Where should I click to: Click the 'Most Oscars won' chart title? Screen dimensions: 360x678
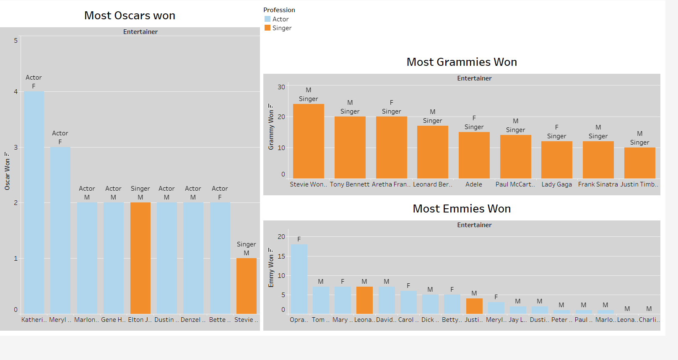pyautogui.click(x=130, y=16)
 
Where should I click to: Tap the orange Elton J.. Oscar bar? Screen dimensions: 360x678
pyautogui.click(x=140, y=258)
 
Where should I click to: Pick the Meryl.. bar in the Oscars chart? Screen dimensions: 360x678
pyautogui.click(x=60, y=230)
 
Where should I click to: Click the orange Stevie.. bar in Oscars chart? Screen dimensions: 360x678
pyautogui.click(x=246, y=286)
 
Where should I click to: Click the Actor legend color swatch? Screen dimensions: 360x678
pyautogui.click(x=268, y=19)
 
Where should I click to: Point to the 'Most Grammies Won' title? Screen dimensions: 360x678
pyautogui.click(x=462, y=62)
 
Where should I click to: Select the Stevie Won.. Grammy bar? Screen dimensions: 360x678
pyautogui.click(x=308, y=141)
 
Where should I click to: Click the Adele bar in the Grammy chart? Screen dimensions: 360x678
pyautogui.click(x=474, y=155)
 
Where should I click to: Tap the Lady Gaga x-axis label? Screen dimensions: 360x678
pyautogui.click(x=556, y=184)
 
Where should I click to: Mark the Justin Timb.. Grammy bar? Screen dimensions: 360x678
pyautogui.click(x=639, y=163)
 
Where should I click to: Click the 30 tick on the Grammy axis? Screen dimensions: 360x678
pyautogui.click(x=281, y=87)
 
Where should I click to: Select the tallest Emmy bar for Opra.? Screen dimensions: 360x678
pyautogui.click(x=299, y=279)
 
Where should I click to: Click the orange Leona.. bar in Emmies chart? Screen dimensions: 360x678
pyautogui.click(x=364, y=300)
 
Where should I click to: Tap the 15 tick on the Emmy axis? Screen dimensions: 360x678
pyautogui.click(x=281, y=256)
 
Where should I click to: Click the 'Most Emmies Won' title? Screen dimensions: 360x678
pyautogui.click(x=462, y=209)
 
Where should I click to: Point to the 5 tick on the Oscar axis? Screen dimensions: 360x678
pyautogui.click(x=16, y=41)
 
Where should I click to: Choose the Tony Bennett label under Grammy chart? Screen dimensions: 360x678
pyautogui.click(x=350, y=184)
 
